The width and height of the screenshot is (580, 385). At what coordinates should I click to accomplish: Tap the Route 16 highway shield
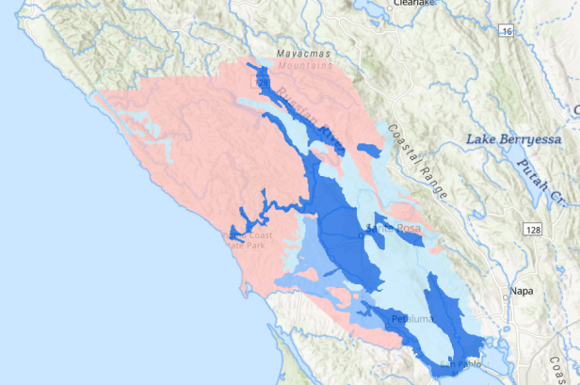point(506,32)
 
